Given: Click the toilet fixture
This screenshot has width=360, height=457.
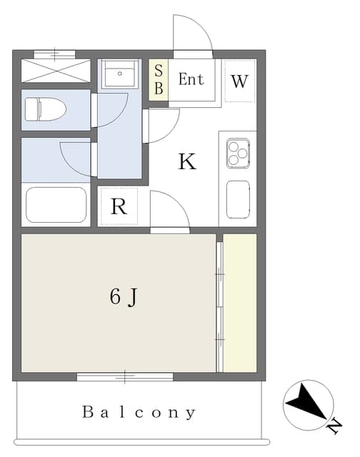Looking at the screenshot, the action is [x=46, y=109].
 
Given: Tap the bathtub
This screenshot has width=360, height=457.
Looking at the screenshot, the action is [x=56, y=205].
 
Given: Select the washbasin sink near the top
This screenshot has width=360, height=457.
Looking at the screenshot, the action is [x=120, y=74].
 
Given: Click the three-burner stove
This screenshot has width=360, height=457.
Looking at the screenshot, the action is [x=238, y=153].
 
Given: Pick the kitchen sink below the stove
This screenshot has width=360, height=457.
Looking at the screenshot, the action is [x=238, y=199].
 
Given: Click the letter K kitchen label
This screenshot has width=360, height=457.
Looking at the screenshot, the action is [x=187, y=161].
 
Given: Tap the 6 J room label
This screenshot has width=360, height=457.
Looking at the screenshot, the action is [x=124, y=297].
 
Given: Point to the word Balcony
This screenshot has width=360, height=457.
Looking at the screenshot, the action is [x=139, y=413].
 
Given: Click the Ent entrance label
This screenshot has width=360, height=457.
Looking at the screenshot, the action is [x=191, y=79].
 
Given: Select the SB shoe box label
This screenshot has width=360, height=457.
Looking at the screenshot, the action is [x=159, y=79].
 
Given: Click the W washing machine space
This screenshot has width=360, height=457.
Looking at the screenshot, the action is [x=239, y=81].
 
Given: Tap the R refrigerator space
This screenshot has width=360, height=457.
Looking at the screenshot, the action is [x=119, y=206].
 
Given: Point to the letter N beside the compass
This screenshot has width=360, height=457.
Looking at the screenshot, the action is [x=334, y=426].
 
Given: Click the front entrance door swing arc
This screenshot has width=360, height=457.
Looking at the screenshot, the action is [x=193, y=32].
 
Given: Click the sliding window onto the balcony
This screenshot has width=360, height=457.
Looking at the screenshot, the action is [x=125, y=376].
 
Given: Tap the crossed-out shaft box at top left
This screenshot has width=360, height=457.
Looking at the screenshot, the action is [x=56, y=71].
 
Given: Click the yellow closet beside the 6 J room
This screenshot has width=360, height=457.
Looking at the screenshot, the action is [x=240, y=303].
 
